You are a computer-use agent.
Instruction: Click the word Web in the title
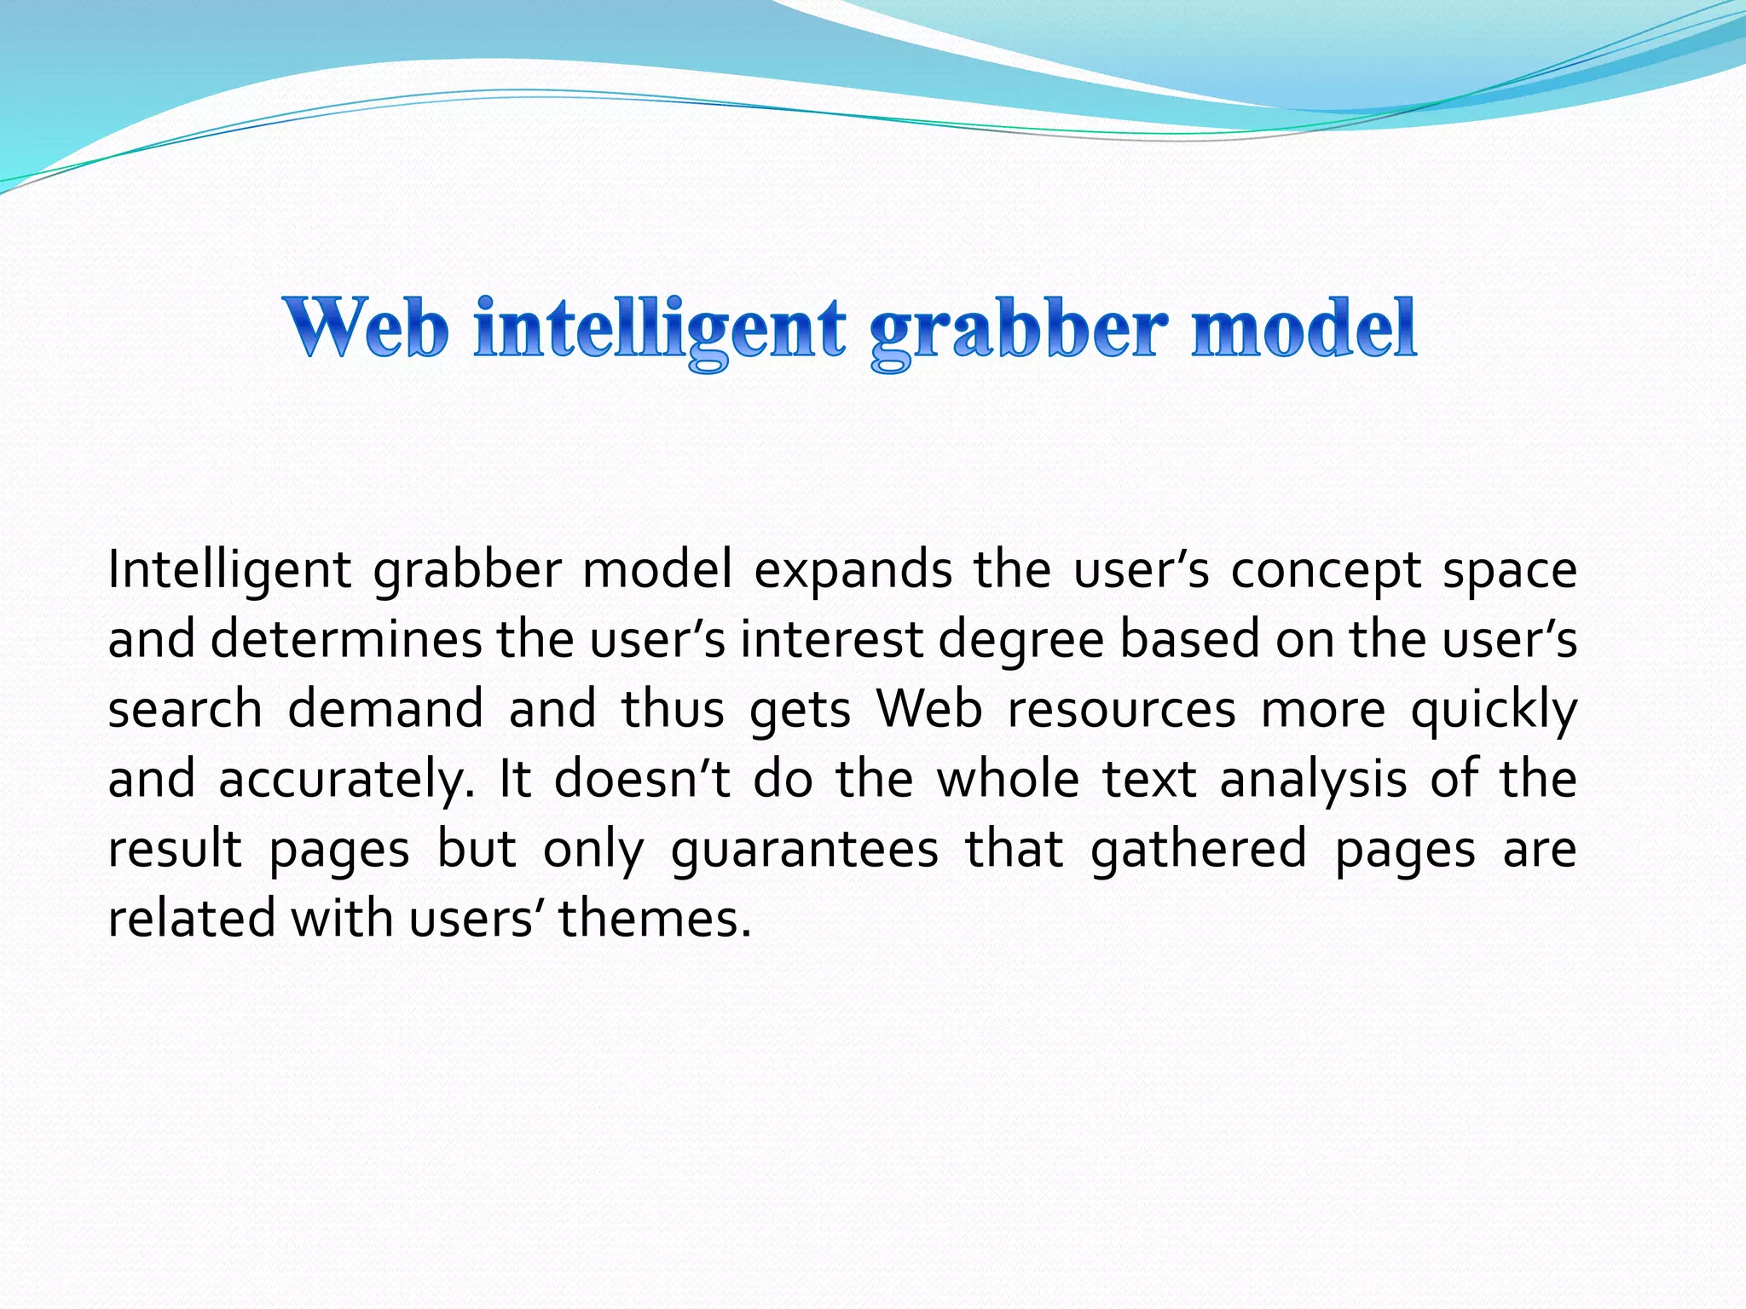(x=367, y=328)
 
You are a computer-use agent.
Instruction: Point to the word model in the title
(x=1304, y=328)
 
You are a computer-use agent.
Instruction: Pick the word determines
(x=345, y=639)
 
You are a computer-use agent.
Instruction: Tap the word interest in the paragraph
(x=831, y=639)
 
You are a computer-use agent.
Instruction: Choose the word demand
(x=385, y=709)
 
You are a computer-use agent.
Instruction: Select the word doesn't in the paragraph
(x=642, y=779)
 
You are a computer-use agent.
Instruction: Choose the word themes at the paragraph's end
(x=655, y=919)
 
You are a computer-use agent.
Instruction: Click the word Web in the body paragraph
(x=929, y=709)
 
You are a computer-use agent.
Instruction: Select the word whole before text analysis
(x=1008, y=779)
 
